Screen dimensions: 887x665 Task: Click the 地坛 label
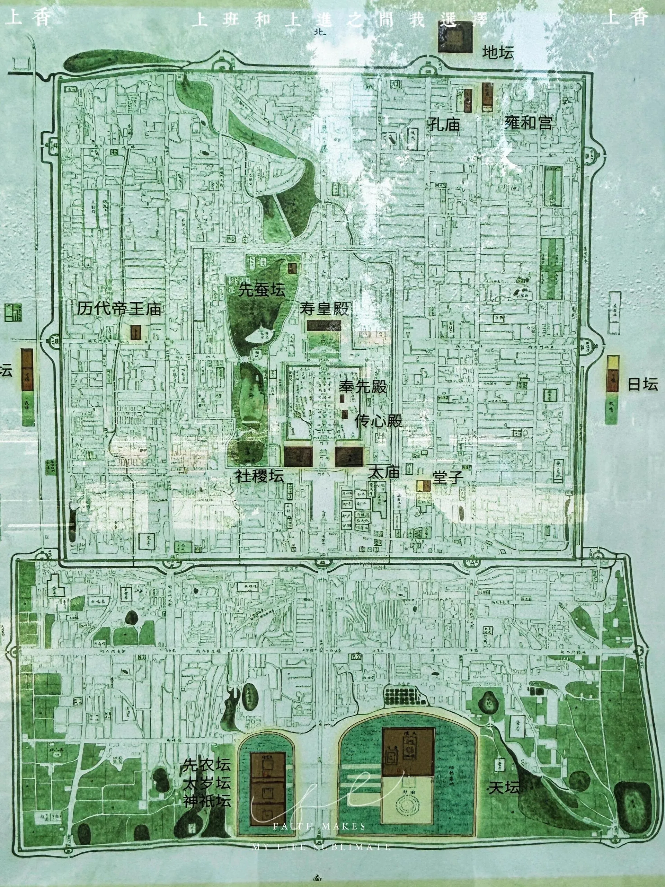coord(498,53)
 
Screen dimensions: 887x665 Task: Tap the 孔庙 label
coord(444,124)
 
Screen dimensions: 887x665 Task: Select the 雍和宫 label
coord(528,122)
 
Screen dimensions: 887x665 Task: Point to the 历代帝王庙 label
coord(119,308)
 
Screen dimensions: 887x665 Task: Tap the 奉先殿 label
coord(363,387)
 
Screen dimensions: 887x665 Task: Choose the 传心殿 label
coord(378,421)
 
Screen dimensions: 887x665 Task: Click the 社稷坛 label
coord(259,476)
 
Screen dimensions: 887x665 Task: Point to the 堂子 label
coord(448,477)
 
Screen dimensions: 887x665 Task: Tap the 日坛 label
coord(642,385)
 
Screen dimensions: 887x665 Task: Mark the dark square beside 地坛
coord(455,37)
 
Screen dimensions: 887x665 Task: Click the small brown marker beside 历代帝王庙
coord(136,332)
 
